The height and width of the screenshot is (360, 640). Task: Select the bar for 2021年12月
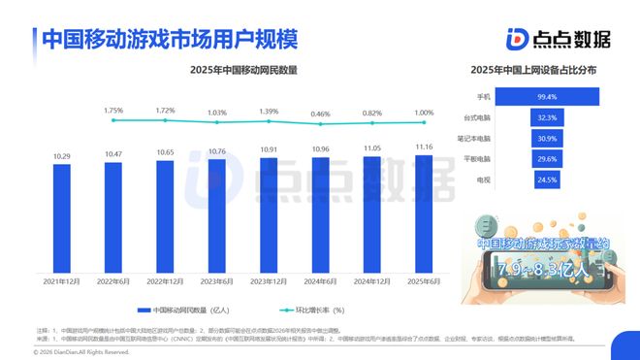(x=62, y=218)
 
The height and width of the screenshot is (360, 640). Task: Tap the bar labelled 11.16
(x=424, y=214)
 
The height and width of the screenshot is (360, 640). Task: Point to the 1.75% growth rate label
(x=112, y=111)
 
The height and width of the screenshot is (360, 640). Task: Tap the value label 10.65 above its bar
(x=165, y=152)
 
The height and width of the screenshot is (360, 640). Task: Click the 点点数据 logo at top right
(x=559, y=38)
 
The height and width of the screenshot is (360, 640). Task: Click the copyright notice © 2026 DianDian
(x=71, y=351)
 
